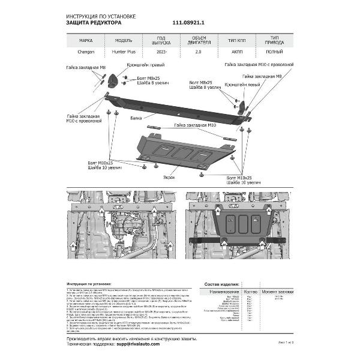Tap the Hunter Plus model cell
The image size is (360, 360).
[x=122, y=52]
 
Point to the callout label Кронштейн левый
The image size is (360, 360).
[x=242, y=85]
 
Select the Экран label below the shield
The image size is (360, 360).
[x=169, y=178]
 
